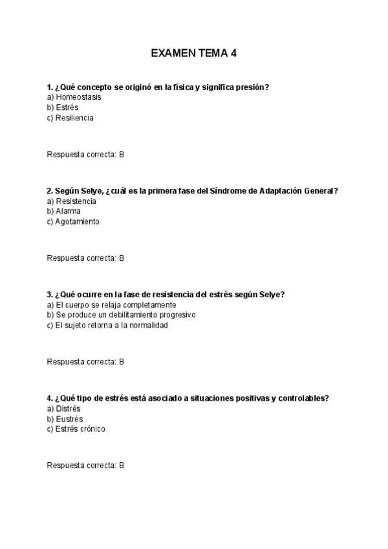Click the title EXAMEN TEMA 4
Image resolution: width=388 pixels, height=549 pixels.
(193, 53)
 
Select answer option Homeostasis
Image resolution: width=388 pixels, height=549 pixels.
(78, 97)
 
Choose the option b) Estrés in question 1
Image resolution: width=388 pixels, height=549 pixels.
(67, 107)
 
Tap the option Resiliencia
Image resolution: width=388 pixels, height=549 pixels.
(74, 118)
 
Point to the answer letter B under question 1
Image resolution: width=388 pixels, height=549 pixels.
(122, 154)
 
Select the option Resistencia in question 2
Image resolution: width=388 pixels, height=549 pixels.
(76, 201)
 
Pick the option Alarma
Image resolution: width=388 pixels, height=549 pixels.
(68, 211)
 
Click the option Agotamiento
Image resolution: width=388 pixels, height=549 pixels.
(78, 221)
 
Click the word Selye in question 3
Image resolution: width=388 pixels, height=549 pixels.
(271, 294)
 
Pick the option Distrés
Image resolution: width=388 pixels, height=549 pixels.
(68, 408)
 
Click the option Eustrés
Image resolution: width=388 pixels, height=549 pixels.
(69, 418)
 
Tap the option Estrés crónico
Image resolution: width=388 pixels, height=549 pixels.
(80, 429)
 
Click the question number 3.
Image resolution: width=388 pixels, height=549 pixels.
(49, 294)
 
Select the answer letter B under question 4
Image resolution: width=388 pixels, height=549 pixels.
(122, 465)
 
